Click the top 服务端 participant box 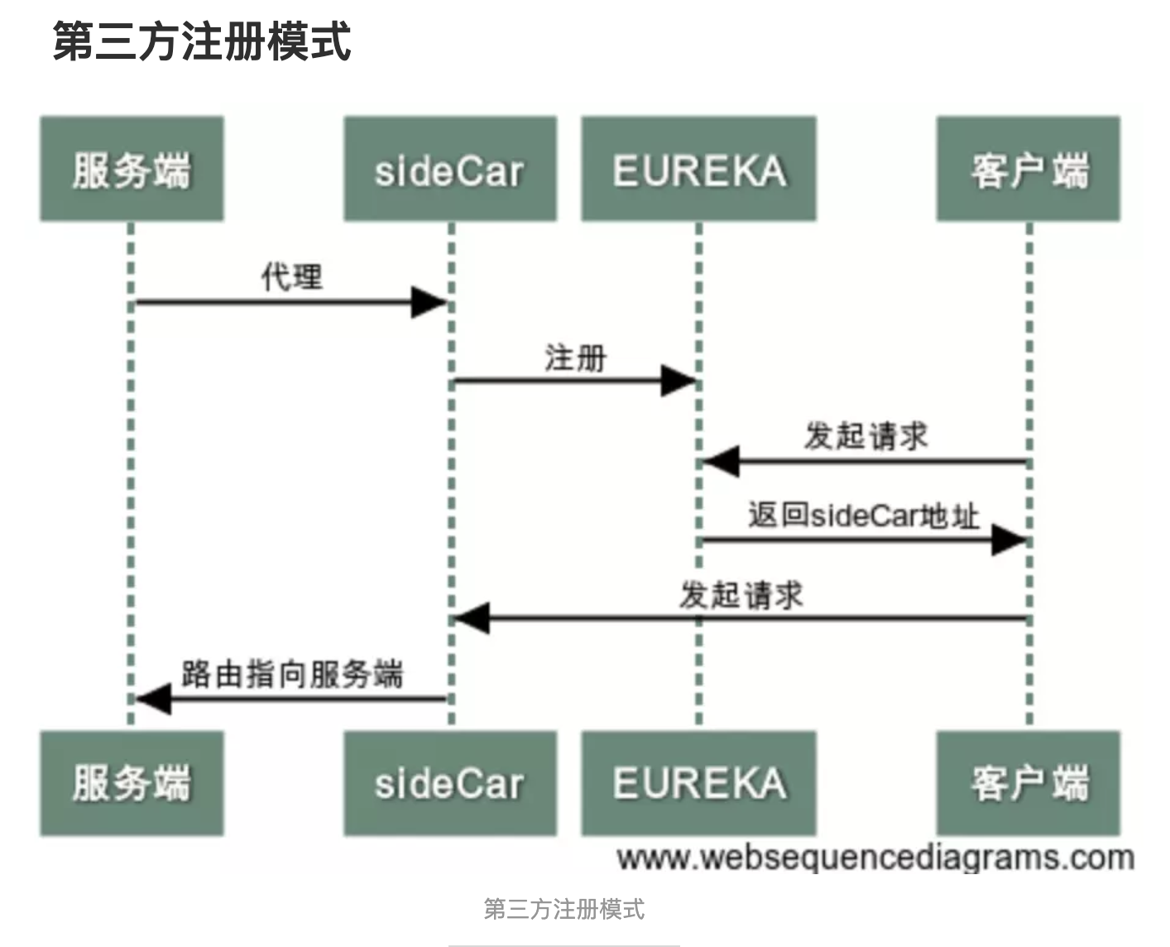click(132, 169)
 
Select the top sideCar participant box click(450, 169)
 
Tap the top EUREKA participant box click(698, 169)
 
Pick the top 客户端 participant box click(1028, 169)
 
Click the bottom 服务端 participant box click(132, 783)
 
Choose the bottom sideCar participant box click(450, 783)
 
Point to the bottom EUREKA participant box click(698, 783)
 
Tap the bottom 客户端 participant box click(1028, 783)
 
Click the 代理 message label click(291, 276)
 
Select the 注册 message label click(575, 358)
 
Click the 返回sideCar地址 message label click(863, 516)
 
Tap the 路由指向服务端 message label click(292, 674)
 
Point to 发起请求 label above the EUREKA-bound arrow click(866, 436)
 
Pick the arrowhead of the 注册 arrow click(679, 381)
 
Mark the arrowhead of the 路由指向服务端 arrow click(154, 699)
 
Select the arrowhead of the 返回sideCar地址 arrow click(1009, 540)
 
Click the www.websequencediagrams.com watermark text click(875, 858)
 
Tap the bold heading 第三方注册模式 click(202, 41)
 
